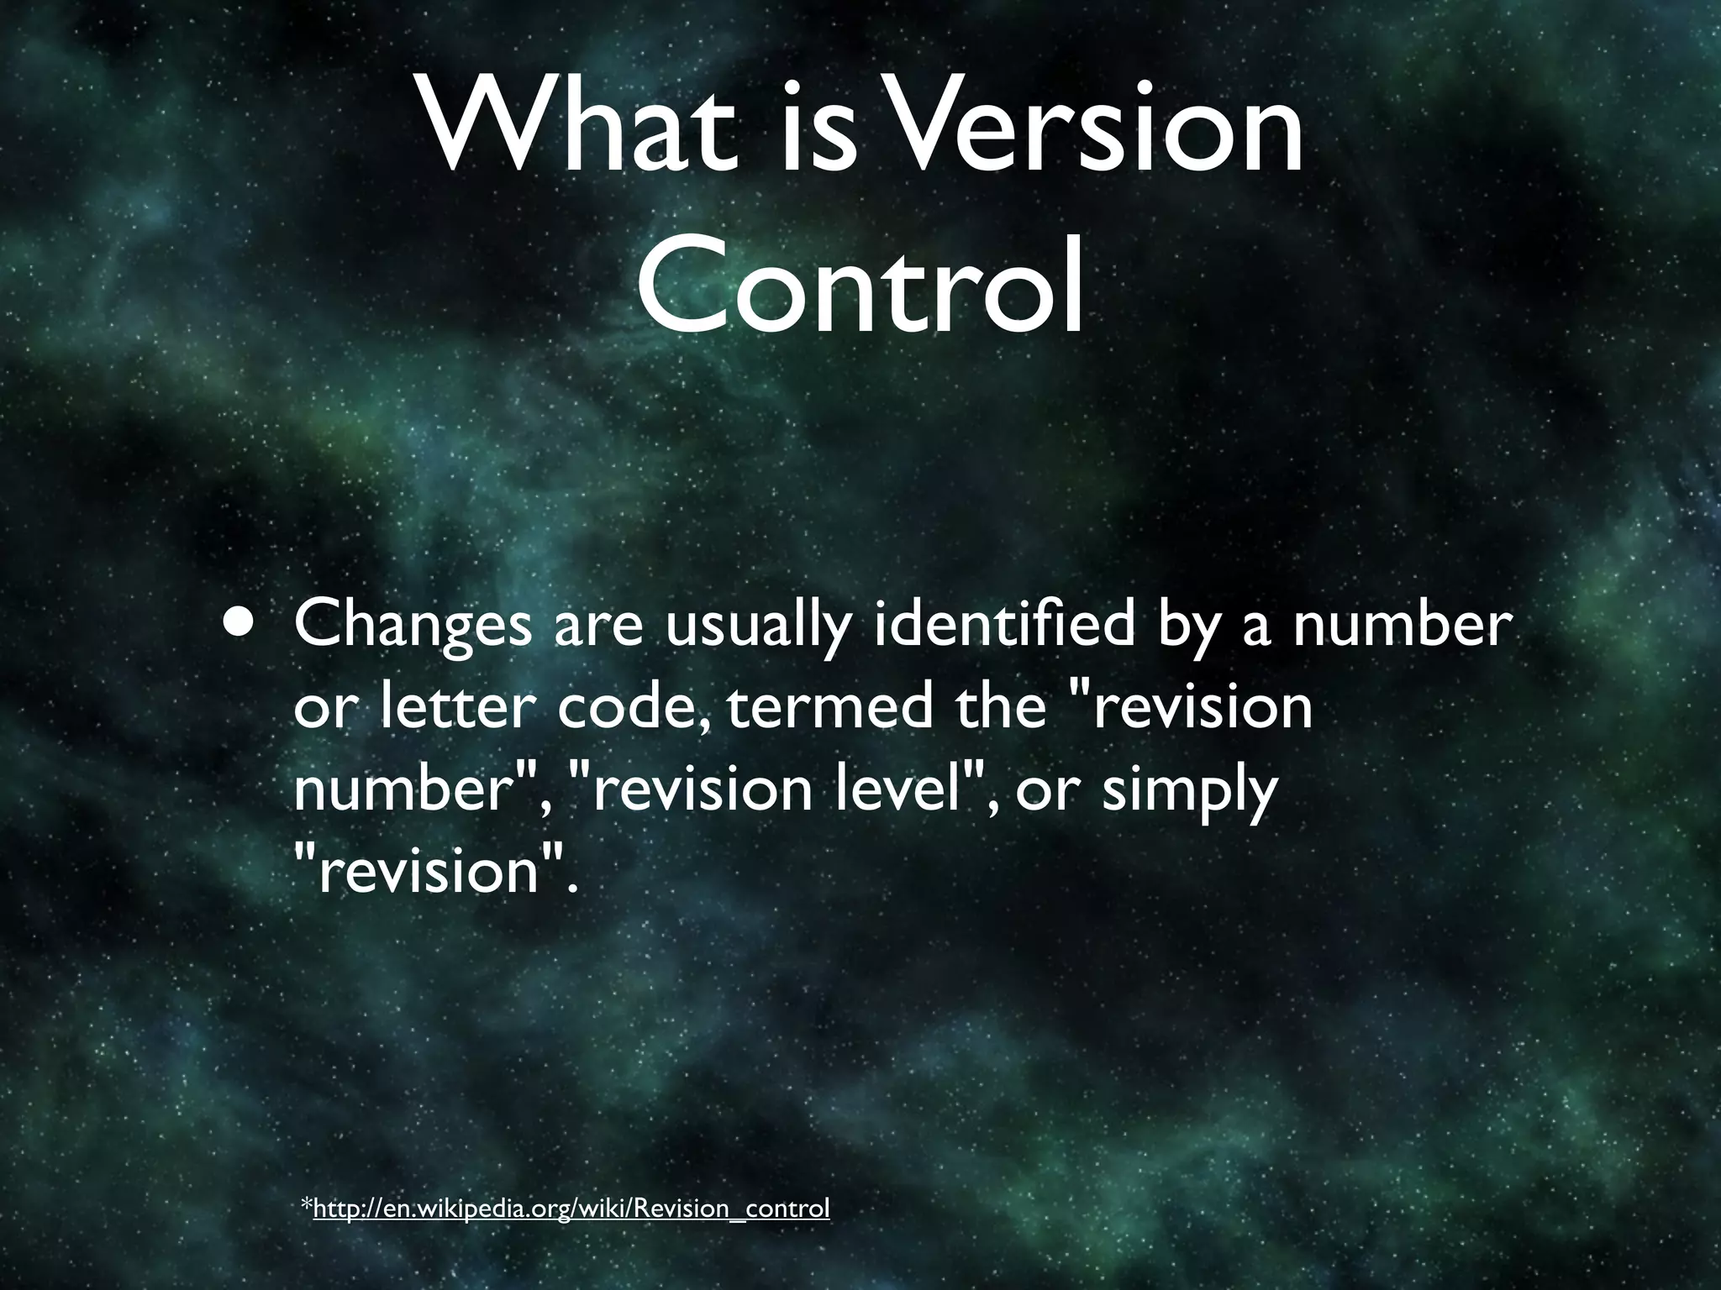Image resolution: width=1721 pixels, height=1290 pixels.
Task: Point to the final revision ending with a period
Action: click(x=432, y=870)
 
